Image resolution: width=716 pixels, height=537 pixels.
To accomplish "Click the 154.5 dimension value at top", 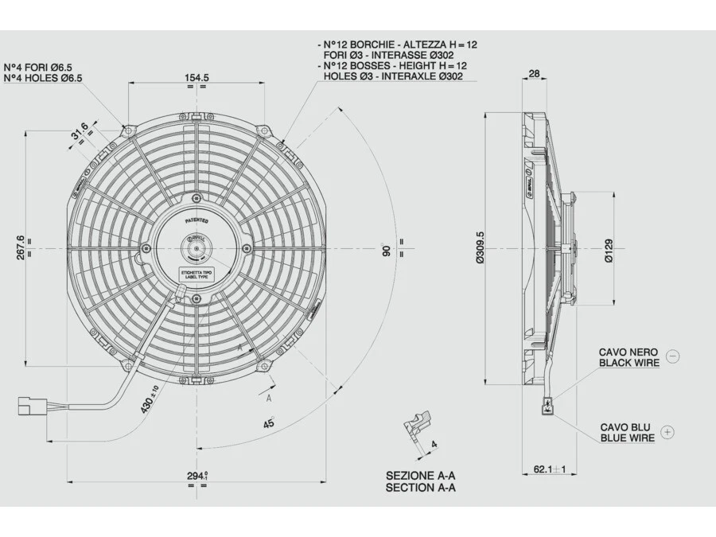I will click(197, 77).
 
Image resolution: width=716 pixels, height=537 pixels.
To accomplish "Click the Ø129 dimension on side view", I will click(609, 250).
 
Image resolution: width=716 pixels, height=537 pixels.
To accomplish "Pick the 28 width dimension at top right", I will click(534, 73).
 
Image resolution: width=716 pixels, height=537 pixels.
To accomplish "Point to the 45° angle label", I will click(269, 424).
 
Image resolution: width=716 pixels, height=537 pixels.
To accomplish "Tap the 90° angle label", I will click(387, 249).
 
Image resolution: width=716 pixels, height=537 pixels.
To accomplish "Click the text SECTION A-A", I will click(421, 488).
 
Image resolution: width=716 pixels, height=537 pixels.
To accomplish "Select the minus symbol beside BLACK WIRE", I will click(672, 356).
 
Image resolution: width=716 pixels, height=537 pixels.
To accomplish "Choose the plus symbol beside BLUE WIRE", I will click(667, 432).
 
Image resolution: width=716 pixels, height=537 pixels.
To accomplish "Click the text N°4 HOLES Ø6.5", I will click(43, 78).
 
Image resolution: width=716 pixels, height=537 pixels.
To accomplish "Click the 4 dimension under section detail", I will click(434, 444).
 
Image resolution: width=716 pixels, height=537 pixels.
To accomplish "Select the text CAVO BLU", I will click(625, 427).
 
